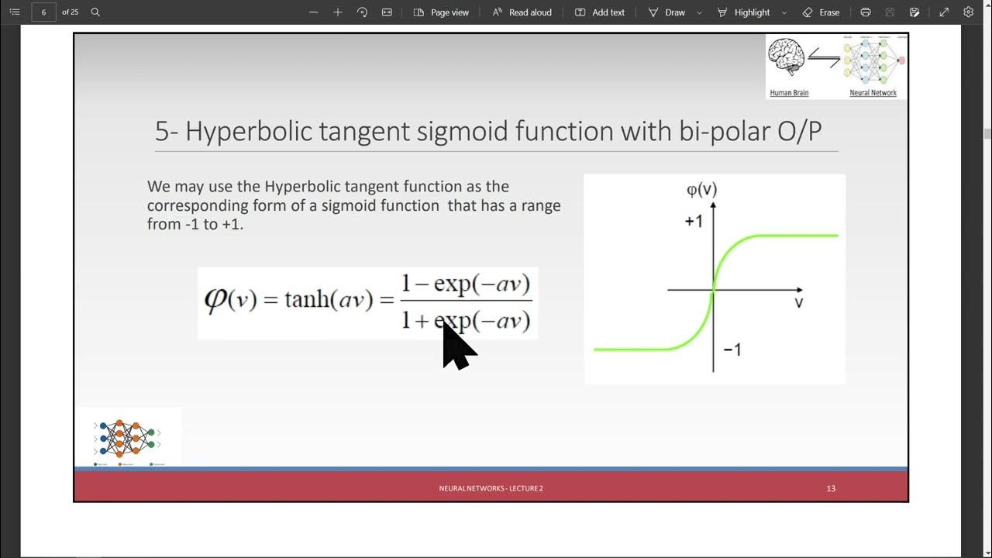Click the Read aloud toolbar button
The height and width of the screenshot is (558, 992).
click(x=522, y=12)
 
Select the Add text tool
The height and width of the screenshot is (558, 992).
click(x=600, y=12)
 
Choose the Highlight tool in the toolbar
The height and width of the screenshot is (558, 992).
click(x=744, y=12)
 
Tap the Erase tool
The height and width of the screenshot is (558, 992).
click(x=821, y=12)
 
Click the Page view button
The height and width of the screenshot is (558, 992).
click(x=441, y=12)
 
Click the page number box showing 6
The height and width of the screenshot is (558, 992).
click(x=43, y=12)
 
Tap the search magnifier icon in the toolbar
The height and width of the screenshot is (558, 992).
click(x=95, y=12)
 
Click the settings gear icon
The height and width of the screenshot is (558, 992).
click(x=968, y=12)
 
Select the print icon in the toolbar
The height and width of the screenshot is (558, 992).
click(x=866, y=12)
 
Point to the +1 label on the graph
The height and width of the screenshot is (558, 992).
click(x=694, y=222)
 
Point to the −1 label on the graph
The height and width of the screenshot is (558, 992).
click(x=732, y=350)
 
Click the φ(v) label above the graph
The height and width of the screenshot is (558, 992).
click(x=702, y=190)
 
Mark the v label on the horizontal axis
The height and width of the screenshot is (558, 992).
click(x=798, y=303)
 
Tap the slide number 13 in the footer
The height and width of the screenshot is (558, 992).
click(x=831, y=488)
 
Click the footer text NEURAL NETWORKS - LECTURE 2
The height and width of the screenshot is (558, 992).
click(x=491, y=488)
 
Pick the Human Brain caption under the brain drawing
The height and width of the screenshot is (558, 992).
click(x=789, y=93)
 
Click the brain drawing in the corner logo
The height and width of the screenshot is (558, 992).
click(x=787, y=58)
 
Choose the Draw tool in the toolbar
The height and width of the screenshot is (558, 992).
click(x=667, y=12)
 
